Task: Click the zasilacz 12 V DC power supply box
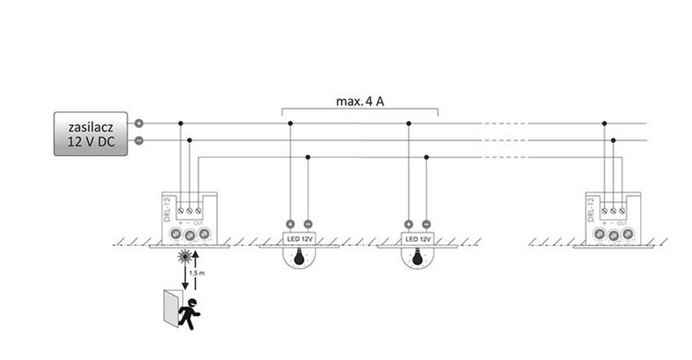tap(91, 134)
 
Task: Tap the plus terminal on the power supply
tap(139, 123)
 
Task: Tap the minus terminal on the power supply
tap(139, 140)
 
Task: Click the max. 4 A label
tap(360, 102)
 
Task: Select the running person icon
tap(189, 314)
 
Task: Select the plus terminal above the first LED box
tap(290, 224)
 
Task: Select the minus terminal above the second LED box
tap(426, 224)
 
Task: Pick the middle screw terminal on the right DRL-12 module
tap(613, 211)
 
